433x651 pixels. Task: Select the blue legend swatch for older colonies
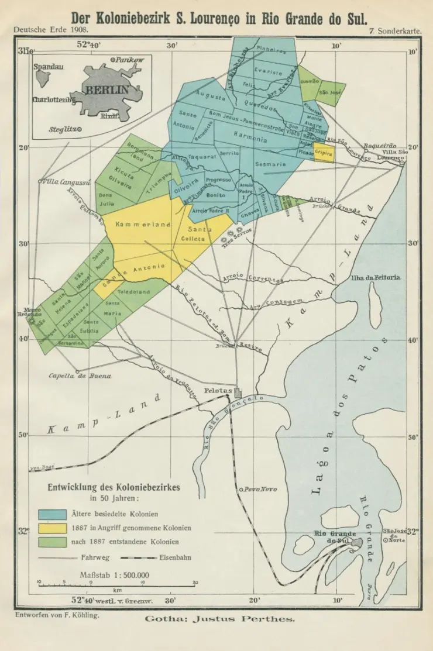52,514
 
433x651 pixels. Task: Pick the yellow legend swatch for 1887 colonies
52,528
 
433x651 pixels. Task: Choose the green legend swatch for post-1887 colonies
52,542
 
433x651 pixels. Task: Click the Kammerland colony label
143,224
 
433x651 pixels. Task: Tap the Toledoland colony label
134,291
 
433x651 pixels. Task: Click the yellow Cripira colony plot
324,152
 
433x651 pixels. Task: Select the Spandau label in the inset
48,67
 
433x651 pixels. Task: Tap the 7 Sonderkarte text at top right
396,29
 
